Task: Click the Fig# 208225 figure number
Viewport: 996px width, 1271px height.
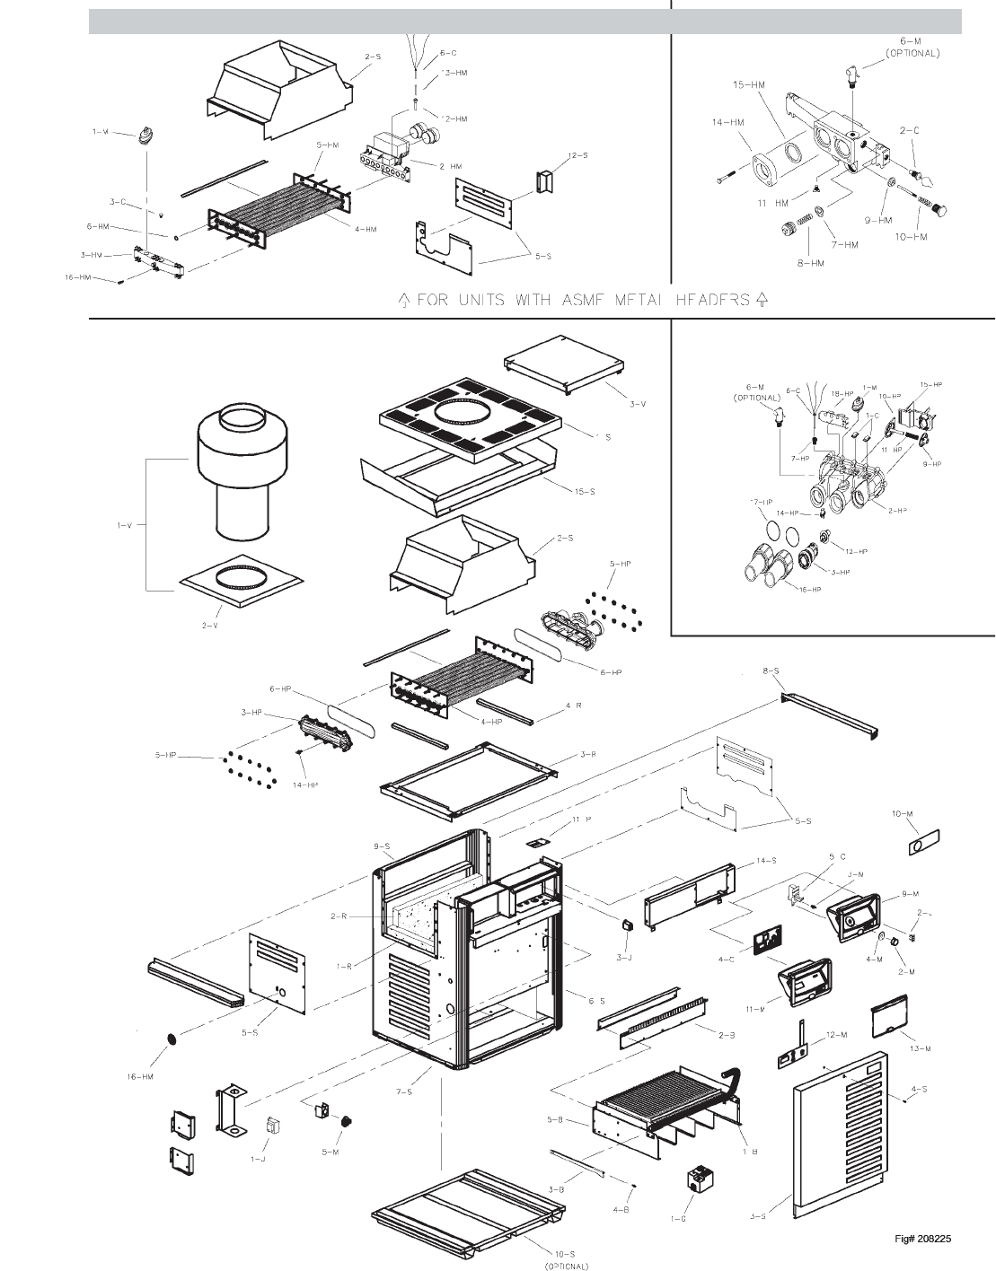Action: [x=922, y=1240]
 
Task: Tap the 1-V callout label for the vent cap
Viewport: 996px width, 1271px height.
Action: [x=123, y=525]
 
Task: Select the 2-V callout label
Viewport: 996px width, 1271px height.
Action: [x=209, y=625]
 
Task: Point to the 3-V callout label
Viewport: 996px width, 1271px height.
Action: [x=637, y=405]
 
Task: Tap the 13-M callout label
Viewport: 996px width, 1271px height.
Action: [x=920, y=1048]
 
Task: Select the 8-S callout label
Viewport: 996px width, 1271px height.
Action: [x=771, y=671]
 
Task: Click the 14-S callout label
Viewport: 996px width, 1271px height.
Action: [x=765, y=861]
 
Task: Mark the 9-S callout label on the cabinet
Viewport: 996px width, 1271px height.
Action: [x=382, y=846]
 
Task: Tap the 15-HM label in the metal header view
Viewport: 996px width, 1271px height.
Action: [x=748, y=85]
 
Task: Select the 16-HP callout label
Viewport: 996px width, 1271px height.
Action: [x=810, y=590]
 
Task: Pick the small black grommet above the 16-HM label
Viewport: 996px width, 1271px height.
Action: [x=169, y=1039]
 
